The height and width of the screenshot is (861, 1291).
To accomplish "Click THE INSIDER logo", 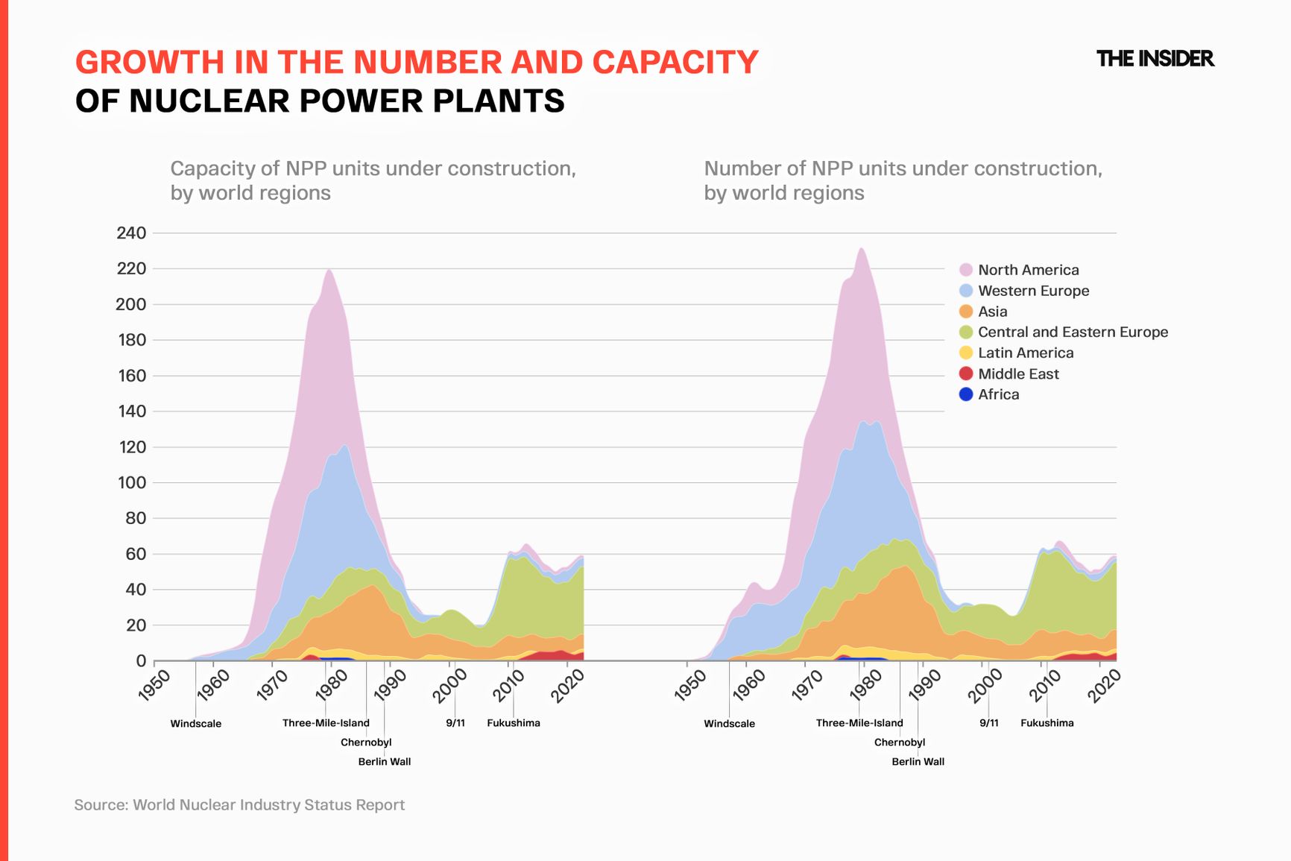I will coord(1155,58).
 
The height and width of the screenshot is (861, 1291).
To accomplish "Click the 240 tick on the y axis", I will coord(131,233).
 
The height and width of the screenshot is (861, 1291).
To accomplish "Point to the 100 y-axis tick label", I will coord(131,483).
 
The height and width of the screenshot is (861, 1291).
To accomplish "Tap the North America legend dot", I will coord(966,270).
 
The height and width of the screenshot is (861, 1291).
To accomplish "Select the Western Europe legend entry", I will coord(1032,291).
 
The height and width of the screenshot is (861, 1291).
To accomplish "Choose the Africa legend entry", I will coord(997,394).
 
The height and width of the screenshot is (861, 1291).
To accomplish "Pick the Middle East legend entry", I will coord(1017,373).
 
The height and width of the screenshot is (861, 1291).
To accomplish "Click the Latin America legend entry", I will coord(1025,353).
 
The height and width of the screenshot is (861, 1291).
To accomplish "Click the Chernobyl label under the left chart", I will coord(366,742).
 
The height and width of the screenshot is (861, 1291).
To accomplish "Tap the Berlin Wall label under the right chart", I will coord(918,762).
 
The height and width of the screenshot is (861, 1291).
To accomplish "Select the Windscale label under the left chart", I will coord(196,724).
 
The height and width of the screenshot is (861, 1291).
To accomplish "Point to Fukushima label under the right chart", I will coord(1047,723).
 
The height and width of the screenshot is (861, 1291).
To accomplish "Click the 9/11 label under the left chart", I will coord(455,723).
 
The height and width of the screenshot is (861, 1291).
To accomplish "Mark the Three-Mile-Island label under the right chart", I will coord(859,723).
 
